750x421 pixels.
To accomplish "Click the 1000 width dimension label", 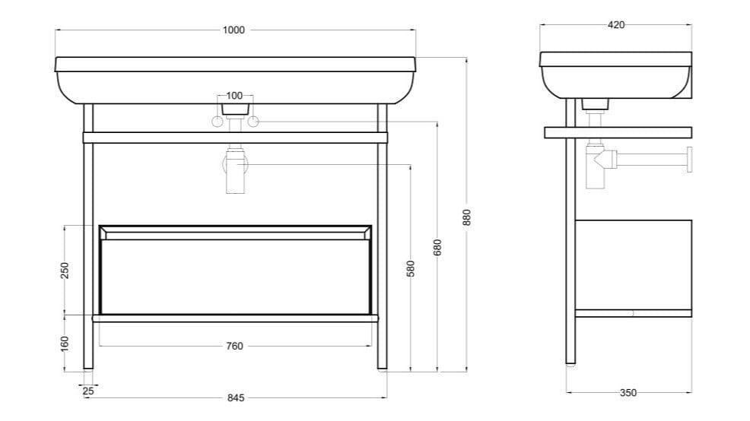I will pos(234,30).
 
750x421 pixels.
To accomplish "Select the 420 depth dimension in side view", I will pos(616,24).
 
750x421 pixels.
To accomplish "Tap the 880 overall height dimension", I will pos(468,217).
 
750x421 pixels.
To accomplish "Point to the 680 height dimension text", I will pos(437,247).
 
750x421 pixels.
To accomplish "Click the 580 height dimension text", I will pos(411,269).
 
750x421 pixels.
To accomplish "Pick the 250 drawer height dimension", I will pos(65,270).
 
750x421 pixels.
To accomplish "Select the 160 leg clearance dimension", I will pos(65,343).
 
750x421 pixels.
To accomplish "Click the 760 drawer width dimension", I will pos(235,346).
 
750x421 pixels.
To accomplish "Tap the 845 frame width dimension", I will pos(236,397).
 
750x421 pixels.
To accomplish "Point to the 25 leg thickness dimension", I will pos(89,391).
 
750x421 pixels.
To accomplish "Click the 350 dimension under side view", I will pos(628,393).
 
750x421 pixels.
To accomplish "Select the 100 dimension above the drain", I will pos(234,96).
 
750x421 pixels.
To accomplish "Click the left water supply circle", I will pos(218,122).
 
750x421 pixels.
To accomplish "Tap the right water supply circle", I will pos(253,122).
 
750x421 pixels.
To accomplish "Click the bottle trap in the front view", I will pos(235,171).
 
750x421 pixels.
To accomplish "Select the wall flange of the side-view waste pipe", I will pos(689,160).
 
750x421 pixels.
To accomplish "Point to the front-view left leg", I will pos(88,243).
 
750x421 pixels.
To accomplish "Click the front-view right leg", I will pos(383,243).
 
